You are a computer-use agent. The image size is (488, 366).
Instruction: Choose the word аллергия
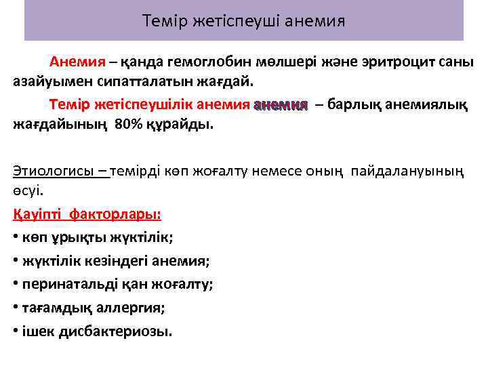point(130,307)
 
